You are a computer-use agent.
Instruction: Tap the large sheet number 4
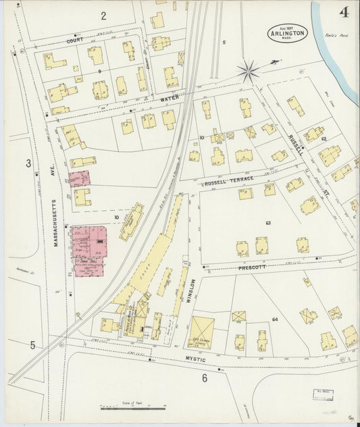pyautogui.click(x=344, y=12)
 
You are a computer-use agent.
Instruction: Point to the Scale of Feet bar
pyautogui.click(x=133, y=408)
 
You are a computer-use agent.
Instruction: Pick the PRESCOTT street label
pyautogui.click(x=253, y=268)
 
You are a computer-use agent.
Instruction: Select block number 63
pyautogui.click(x=268, y=222)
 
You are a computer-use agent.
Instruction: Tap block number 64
pyautogui.click(x=275, y=319)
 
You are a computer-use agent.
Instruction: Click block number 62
pyautogui.click(x=324, y=139)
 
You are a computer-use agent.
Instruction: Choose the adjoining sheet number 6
pyautogui.click(x=204, y=378)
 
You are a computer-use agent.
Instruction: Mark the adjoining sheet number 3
pyautogui.click(x=28, y=163)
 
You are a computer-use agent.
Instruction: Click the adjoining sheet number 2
pyautogui.click(x=103, y=15)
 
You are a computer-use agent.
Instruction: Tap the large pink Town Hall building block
pyautogui.click(x=88, y=242)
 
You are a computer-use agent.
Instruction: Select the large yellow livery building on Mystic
pyautogui.click(x=201, y=332)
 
